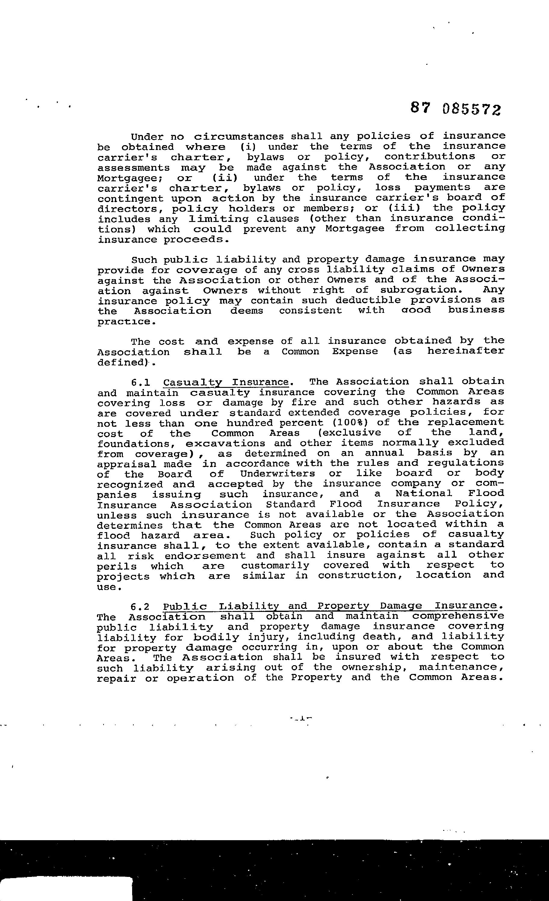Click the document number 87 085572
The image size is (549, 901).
click(x=455, y=109)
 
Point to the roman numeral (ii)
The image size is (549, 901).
click(x=225, y=178)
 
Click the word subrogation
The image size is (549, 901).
click(x=419, y=290)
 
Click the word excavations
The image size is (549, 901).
click(x=225, y=444)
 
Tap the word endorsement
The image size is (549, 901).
click(x=205, y=556)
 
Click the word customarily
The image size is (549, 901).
click(x=275, y=566)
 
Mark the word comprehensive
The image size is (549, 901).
click(x=458, y=616)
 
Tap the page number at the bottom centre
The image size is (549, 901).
click(x=302, y=718)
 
